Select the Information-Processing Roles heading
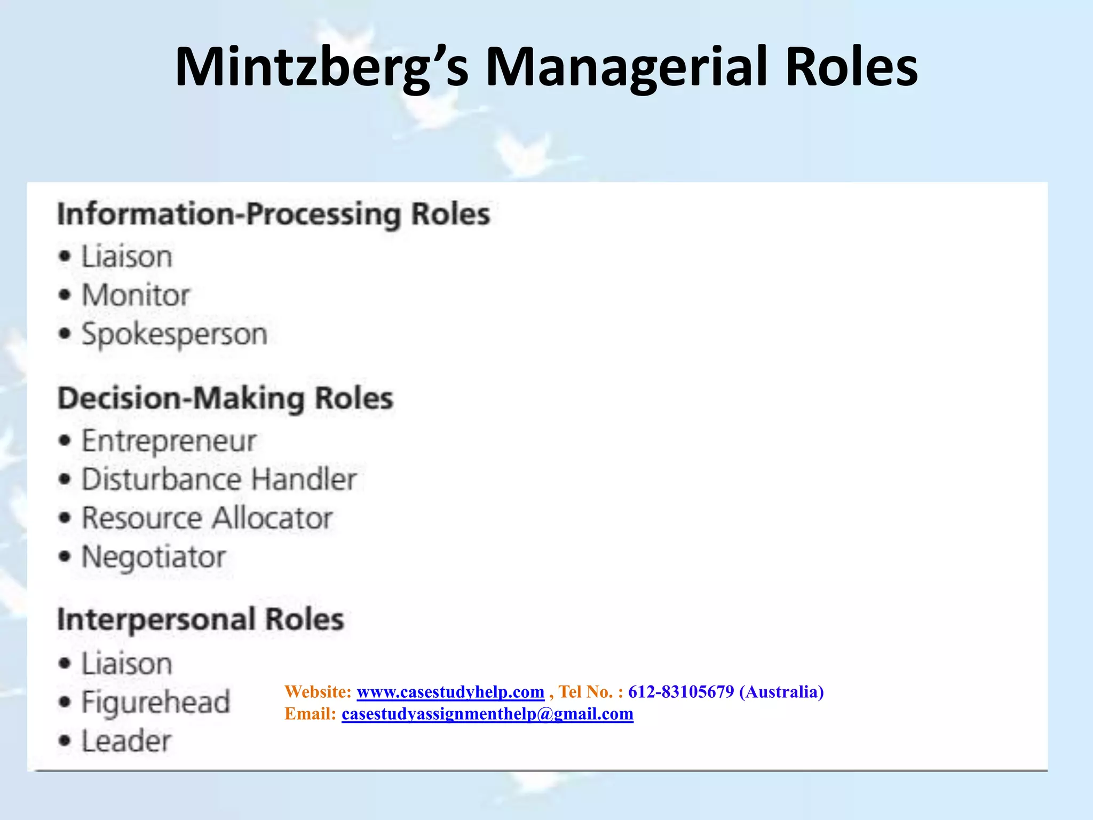[273, 215]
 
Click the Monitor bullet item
[136, 295]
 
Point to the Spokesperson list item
[174, 335]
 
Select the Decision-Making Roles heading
[225, 399]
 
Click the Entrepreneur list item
[169, 441]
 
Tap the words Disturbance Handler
[219, 479]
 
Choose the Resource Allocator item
[207, 518]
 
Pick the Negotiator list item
[154, 557]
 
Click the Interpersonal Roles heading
[201, 620]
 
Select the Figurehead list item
[155, 702]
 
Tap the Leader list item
[126, 741]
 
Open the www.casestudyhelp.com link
[450, 692]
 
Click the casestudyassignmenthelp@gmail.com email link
[487, 714]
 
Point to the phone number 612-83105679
[681, 692]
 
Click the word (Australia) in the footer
[781, 692]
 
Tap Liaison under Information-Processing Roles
[127, 257]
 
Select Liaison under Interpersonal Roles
[127, 664]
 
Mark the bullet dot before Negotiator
[65, 557]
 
